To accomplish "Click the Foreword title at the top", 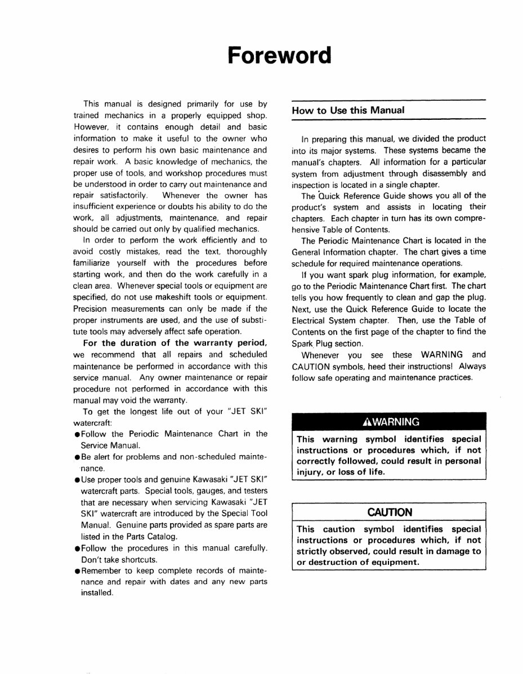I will coord(279,56).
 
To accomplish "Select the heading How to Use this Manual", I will coord(348,110).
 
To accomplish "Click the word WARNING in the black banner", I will coord(391,421).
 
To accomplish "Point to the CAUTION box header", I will coord(390,512).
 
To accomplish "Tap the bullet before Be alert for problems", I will coord(76,456).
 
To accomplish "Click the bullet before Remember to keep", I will coord(76,571).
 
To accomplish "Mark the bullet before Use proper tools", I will coord(76,479).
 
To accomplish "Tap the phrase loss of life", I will coord(354,472).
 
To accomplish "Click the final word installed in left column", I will coord(97,594).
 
